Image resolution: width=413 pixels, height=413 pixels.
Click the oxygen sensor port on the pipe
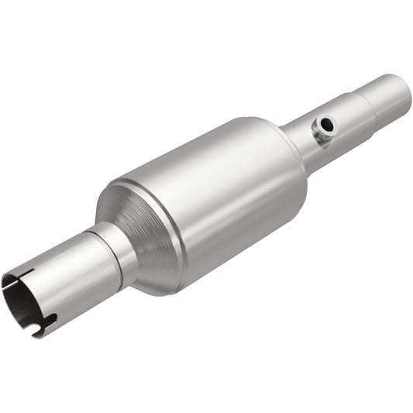(324, 127)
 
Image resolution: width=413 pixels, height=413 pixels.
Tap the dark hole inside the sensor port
(329, 124)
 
